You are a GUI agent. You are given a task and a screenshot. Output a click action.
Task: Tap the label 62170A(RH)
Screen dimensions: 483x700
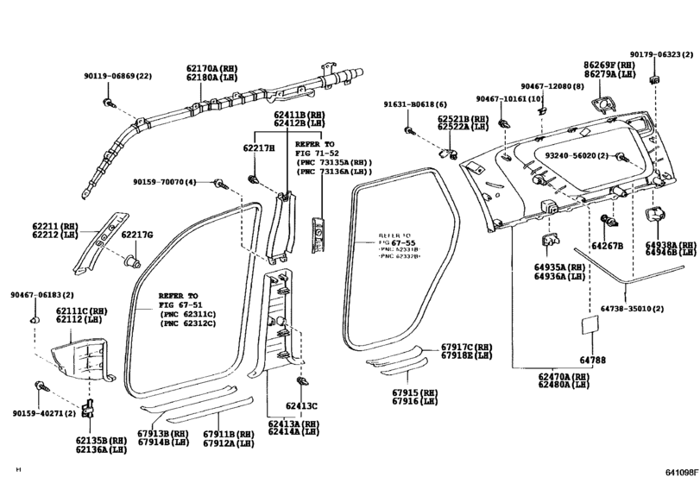point(211,67)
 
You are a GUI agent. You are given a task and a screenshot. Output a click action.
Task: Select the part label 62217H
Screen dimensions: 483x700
point(257,148)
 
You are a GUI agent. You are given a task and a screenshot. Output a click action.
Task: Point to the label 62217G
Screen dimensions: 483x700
point(136,235)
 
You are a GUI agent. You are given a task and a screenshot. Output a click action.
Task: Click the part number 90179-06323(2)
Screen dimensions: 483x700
point(663,53)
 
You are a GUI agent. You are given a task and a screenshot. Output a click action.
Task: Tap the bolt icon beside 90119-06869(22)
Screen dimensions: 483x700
point(107,103)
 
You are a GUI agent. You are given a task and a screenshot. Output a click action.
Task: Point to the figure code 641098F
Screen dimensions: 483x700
point(678,473)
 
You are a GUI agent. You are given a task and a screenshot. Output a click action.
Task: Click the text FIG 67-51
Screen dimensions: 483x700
point(178,304)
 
